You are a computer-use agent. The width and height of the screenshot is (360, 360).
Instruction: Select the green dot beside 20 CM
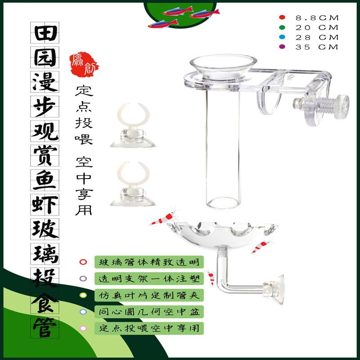tap(282, 27)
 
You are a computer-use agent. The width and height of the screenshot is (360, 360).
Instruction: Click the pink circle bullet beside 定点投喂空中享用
tap(83, 328)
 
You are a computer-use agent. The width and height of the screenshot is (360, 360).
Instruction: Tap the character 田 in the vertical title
tap(45, 32)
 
